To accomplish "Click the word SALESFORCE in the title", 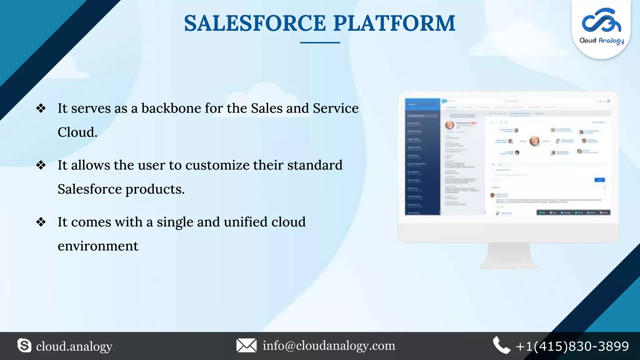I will tap(255, 23).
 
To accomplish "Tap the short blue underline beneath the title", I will tap(320, 42).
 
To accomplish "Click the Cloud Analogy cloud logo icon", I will tap(601, 21).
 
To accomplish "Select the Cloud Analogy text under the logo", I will tap(602, 41).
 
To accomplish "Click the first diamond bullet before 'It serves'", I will tap(41, 108).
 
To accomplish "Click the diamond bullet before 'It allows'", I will tap(41, 165).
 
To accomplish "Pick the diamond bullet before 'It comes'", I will tap(41, 222).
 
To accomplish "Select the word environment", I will tap(98, 246).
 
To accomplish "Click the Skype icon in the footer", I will tap(24, 346).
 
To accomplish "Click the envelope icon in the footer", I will tap(246, 346).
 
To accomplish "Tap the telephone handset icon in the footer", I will tap(501, 346).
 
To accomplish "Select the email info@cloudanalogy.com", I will tap(329, 346).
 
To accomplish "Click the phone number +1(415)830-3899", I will tap(572, 346).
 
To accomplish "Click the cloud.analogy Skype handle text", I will tap(74, 346).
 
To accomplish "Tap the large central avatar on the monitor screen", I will tap(534, 141).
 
